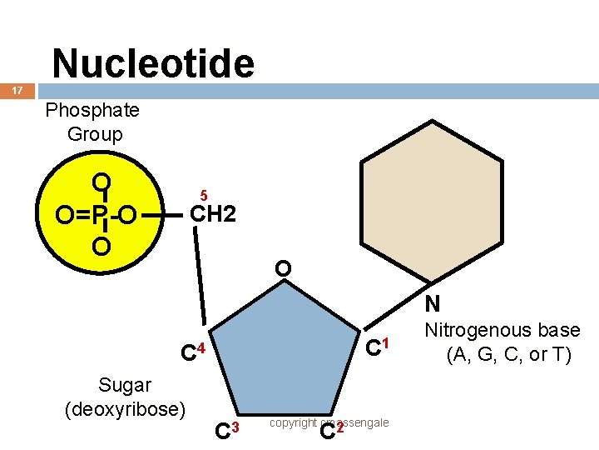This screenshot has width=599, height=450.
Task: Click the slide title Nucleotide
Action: click(x=153, y=63)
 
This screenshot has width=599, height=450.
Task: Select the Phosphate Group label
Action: click(x=92, y=122)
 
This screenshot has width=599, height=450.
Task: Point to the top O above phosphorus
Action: click(x=101, y=182)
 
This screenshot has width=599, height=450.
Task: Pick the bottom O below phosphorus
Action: click(x=101, y=247)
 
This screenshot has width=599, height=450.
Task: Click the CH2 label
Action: click(x=214, y=214)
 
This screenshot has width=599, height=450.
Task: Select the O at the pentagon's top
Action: click(x=283, y=268)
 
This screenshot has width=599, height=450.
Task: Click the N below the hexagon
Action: click(x=431, y=303)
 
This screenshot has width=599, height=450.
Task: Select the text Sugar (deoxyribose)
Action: click(x=125, y=397)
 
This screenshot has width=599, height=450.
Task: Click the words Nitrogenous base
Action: click(x=502, y=331)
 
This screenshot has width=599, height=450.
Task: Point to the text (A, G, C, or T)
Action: click(x=508, y=355)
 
